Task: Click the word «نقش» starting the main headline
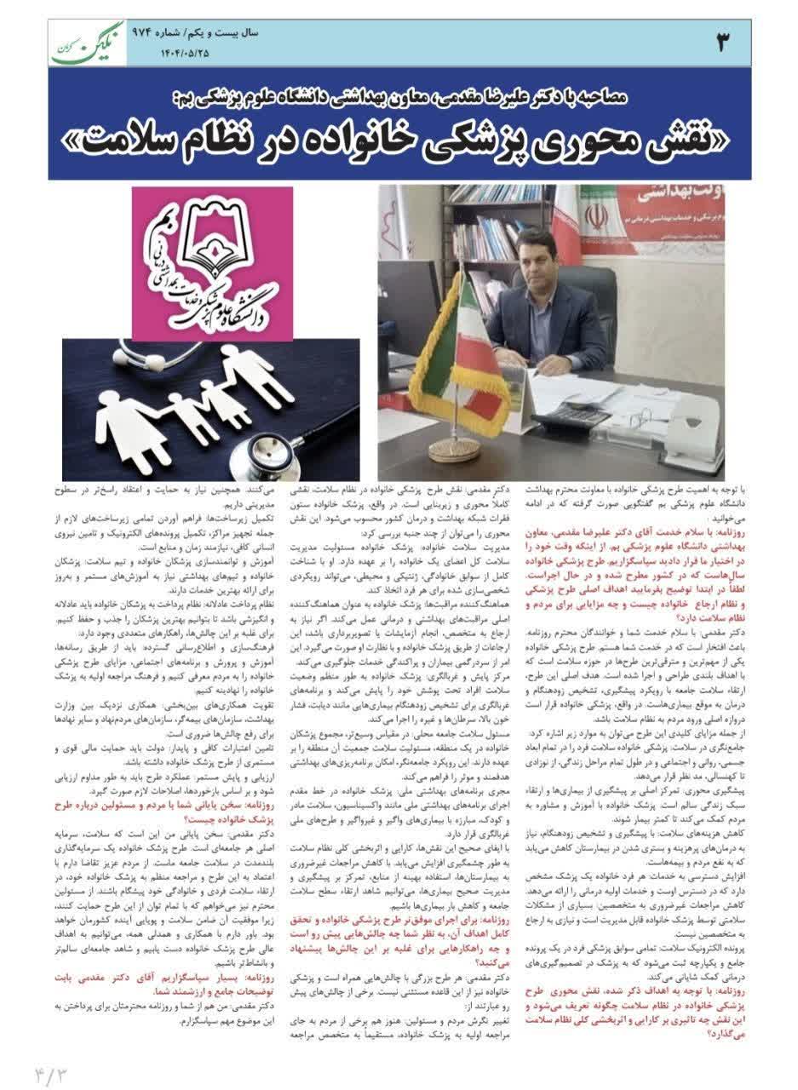[x=695, y=140]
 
